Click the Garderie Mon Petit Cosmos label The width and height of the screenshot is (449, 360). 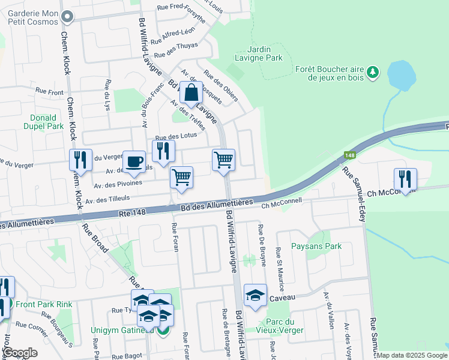pyautogui.click(x=33, y=16)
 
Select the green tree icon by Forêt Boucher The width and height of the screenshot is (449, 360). pyautogui.click(x=373, y=73)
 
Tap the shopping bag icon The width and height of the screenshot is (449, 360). pyautogui.click(x=190, y=94)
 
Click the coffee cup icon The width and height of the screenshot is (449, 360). pyautogui.click(x=134, y=162)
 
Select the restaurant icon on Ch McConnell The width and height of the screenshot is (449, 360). pyautogui.click(x=405, y=179)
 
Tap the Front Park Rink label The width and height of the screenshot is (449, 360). pyautogui.click(x=44, y=304)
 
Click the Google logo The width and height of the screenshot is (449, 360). pyautogui.click(x=20, y=353)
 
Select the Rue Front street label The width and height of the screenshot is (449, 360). pyautogui.click(x=49, y=92)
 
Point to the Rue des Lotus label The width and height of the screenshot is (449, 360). pyautogui.click(x=172, y=137)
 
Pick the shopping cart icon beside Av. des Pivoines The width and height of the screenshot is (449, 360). pyautogui.click(x=181, y=178)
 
